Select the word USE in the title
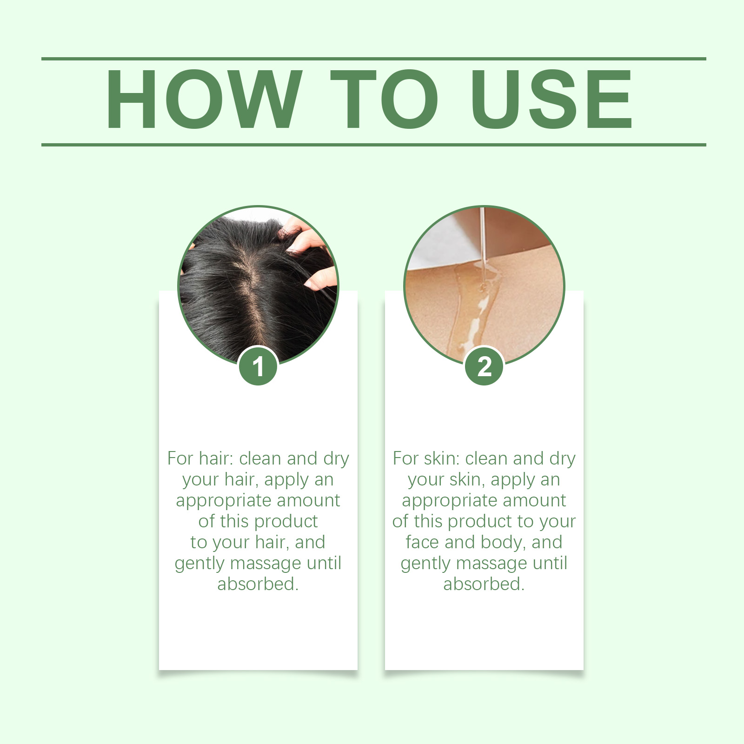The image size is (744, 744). [551, 99]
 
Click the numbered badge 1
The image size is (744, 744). [259, 366]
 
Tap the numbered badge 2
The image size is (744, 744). [484, 366]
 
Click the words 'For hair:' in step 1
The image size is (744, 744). [200, 458]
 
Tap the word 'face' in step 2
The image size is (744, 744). [422, 542]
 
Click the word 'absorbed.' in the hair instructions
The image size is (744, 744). [258, 584]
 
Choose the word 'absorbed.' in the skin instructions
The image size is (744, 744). [484, 584]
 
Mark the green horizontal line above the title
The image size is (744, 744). [374, 59]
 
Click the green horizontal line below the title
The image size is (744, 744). [374, 145]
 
